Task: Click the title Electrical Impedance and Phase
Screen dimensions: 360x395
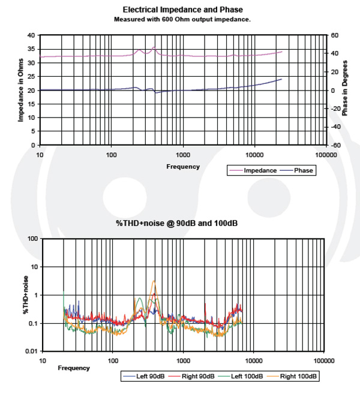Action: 183,10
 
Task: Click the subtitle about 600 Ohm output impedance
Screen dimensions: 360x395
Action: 182,19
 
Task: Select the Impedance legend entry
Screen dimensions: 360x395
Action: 253,171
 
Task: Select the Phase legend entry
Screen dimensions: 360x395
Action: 296,171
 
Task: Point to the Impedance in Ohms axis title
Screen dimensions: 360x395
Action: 20,90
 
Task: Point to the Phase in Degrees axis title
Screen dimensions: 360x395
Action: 344,88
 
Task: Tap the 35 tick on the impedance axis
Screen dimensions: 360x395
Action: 31,49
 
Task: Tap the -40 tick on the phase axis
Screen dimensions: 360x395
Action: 335,126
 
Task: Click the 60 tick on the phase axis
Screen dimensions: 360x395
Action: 335,35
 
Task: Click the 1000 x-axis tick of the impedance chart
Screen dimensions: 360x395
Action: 183,155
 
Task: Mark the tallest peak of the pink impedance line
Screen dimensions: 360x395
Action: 154,47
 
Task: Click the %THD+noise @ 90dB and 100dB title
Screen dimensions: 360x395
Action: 177,223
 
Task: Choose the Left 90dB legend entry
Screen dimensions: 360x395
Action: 144,376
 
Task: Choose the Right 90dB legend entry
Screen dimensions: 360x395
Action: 191,376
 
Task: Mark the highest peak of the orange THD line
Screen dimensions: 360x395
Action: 154,281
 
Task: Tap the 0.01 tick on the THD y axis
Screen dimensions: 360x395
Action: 32,351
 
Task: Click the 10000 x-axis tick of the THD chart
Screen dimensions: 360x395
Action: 254,361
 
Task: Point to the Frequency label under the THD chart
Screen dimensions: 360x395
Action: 74,368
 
